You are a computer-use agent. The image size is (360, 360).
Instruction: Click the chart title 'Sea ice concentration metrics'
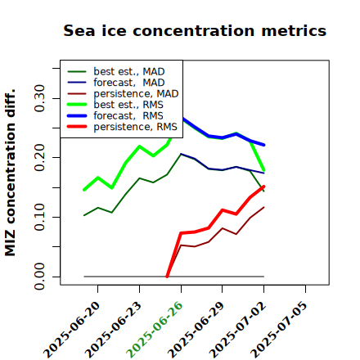coord(195,30)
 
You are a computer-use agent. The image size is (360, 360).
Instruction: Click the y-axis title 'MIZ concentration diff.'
coord(10,173)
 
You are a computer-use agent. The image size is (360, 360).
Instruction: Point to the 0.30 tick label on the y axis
coord(40,98)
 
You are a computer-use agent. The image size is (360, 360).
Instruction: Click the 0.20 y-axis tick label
coord(40,158)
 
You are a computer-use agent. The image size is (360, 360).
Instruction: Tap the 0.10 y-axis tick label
coord(40,217)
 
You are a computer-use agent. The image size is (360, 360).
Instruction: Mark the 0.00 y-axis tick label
coord(40,277)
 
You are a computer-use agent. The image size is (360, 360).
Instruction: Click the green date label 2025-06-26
coord(155,329)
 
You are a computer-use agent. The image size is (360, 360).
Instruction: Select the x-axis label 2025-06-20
coord(71,329)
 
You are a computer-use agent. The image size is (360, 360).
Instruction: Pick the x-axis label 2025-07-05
coord(279,329)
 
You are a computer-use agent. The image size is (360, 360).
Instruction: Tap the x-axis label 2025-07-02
coord(237,329)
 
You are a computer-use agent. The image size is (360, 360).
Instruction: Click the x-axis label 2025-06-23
coord(113,329)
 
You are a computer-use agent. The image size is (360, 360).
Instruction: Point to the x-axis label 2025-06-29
coord(196,329)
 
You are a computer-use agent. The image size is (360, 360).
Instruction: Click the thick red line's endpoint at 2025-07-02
coord(263,187)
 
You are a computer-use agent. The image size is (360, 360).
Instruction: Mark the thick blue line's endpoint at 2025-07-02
coord(263,145)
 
